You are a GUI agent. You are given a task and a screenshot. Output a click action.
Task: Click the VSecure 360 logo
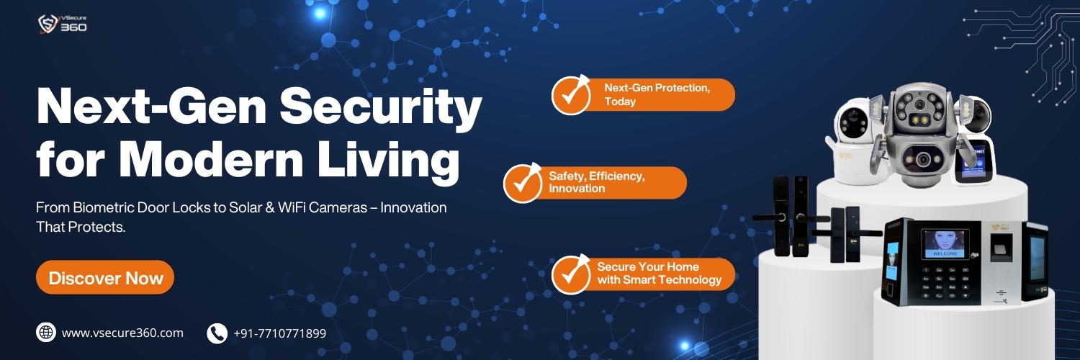pos(62,24)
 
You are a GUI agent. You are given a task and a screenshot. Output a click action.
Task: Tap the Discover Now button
pos(105,278)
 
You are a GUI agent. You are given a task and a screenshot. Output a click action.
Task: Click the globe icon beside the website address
pos(46,333)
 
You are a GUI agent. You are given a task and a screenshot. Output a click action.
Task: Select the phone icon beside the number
pos(217,333)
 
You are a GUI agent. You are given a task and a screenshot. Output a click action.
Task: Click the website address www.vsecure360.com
pos(122,333)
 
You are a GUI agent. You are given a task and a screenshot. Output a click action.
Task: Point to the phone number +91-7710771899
pos(279,333)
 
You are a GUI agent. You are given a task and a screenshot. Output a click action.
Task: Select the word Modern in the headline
pos(212,160)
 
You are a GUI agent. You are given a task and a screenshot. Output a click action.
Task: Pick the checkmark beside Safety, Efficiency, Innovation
pos(523,183)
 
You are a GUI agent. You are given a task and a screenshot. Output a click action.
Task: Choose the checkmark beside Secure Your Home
pos(571,274)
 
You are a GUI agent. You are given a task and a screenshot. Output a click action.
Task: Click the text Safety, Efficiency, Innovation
pos(596,182)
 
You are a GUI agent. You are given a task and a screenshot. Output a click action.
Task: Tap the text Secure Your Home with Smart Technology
pos(659,274)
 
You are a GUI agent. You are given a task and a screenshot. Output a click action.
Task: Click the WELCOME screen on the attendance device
pos(945,244)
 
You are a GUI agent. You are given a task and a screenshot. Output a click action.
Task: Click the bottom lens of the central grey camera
pos(923,160)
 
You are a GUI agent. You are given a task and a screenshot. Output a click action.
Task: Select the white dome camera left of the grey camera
pos(855,140)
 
